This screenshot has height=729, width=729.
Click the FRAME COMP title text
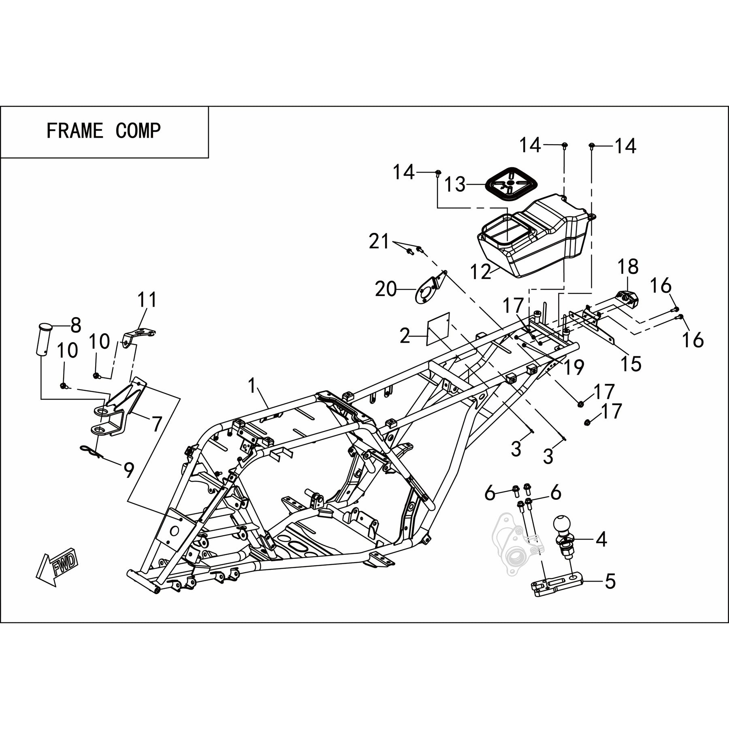coord(104,131)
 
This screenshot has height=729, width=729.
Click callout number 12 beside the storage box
coord(481,272)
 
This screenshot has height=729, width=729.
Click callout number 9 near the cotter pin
coord(128,470)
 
